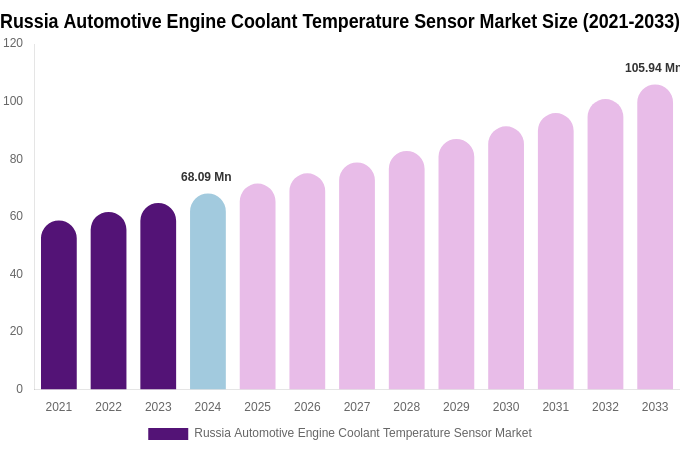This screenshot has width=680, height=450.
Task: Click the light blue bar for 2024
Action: point(208,292)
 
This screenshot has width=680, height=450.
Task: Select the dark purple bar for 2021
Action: point(59,305)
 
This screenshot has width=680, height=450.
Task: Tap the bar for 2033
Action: point(655,238)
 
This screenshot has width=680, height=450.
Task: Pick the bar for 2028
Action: point(407,271)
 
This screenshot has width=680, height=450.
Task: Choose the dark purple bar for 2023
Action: point(158,297)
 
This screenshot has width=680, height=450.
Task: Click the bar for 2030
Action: point(506,258)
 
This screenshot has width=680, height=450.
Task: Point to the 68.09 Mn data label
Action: point(206,177)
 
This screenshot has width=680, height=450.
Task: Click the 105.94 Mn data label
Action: point(652,68)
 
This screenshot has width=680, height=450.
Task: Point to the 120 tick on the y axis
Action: point(13,43)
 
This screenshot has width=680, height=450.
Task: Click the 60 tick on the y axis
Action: point(16,216)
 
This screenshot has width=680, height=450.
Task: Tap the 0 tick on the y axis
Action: point(19,389)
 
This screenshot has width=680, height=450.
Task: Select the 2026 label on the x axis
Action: point(307,407)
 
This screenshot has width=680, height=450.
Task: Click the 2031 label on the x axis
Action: point(556,407)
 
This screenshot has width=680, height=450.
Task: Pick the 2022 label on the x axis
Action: point(109,407)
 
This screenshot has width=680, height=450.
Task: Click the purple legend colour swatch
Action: point(168,434)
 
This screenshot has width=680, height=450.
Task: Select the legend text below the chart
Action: point(363,433)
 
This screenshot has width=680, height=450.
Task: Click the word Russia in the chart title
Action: point(29,21)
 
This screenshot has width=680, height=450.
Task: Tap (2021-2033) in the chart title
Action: point(631,21)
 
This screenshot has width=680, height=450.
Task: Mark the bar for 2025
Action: point(258,287)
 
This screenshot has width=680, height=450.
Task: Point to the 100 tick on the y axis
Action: point(13,101)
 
